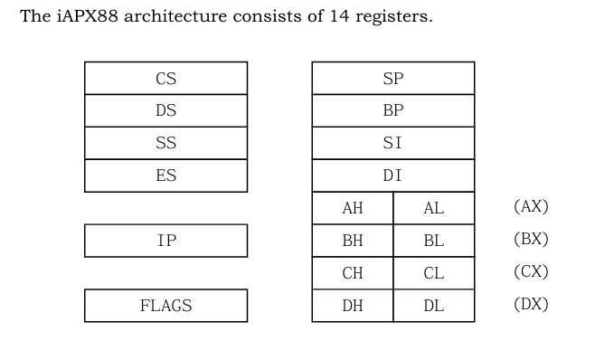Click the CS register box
pos(165,79)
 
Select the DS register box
pos(165,111)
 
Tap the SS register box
pos(165,144)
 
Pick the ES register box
pos(165,176)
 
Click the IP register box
pos(165,241)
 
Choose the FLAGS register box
pos(165,306)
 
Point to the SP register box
pos(392,79)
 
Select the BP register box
pos(392,111)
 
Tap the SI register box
pos(392,144)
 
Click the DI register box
pos(392,176)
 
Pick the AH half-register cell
pos(353,208)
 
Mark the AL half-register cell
pos(433,208)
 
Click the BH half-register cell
pos(353,241)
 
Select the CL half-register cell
pos(433,273)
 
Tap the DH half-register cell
pos(353,306)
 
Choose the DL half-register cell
pos(433,306)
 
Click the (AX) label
pos(531,207)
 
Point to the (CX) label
pos(531,271)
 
